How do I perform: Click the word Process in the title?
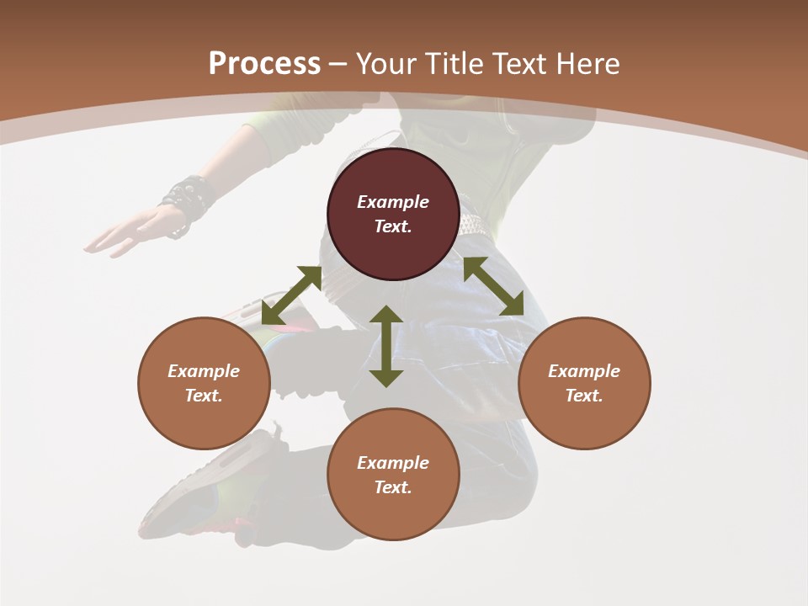pyautogui.click(x=264, y=64)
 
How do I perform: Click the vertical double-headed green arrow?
pyautogui.click(x=386, y=346)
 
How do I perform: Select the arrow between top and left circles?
pyautogui.click(x=291, y=295)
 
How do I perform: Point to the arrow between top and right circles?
pyautogui.click(x=494, y=286)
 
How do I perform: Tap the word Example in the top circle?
pyautogui.click(x=393, y=202)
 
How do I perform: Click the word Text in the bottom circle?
pyautogui.click(x=392, y=487)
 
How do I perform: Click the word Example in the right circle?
pyautogui.click(x=584, y=371)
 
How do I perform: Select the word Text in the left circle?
pyautogui.click(x=203, y=396)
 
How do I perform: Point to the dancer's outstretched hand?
pyautogui.click(x=126, y=233)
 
